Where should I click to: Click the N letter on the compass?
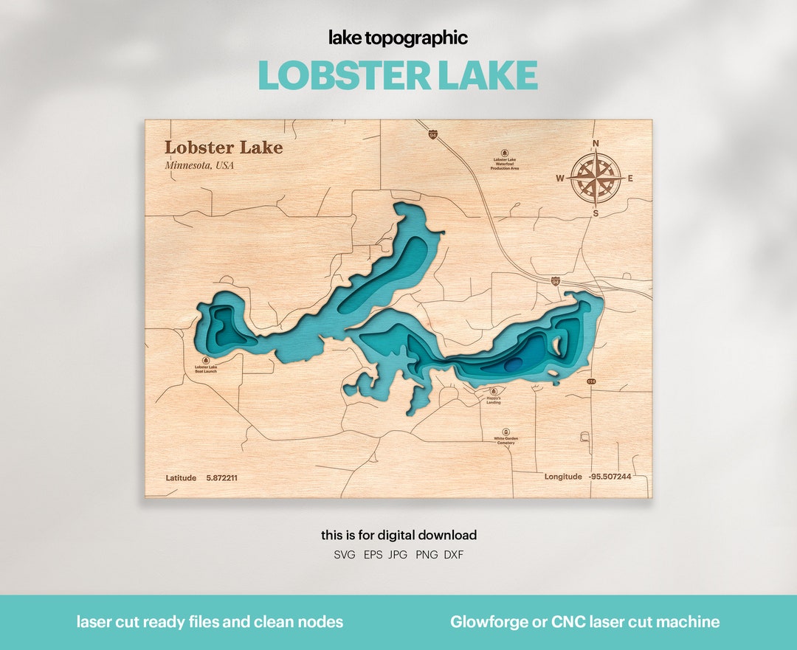click(x=596, y=144)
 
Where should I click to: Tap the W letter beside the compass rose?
click(x=560, y=179)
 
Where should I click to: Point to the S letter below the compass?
click(x=596, y=214)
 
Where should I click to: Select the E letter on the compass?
click(x=630, y=179)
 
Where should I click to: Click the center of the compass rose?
click(x=596, y=179)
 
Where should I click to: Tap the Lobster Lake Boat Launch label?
click(x=206, y=369)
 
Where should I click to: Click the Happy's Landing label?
click(x=494, y=400)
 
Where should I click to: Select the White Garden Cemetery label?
click(x=506, y=440)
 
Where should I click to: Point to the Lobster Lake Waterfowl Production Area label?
click(x=505, y=165)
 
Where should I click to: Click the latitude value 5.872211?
click(x=221, y=478)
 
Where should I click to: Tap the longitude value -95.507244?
click(x=610, y=477)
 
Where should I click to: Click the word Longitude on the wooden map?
click(x=563, y=477)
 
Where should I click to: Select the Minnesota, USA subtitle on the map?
click(x=199, y=165)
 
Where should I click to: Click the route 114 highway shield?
click(x=591, y=381)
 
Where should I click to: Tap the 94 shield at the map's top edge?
click(x=432, y=134)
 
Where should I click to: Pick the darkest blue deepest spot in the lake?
click(x=513, y=363)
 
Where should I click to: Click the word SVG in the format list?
click(x=345, y=555)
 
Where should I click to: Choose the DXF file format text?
click(x=454, y=555)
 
